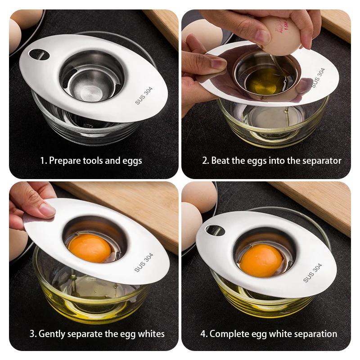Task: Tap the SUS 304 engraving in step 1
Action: click(x=144, y=95)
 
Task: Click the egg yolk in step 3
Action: click(x=89, y=247)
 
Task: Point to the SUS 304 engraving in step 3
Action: click(x=144, y=262)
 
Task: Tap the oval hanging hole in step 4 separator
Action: click(x=215, y=230)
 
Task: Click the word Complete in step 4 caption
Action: click(x=229, y=334)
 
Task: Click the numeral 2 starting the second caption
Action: click(x=204, y=161)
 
